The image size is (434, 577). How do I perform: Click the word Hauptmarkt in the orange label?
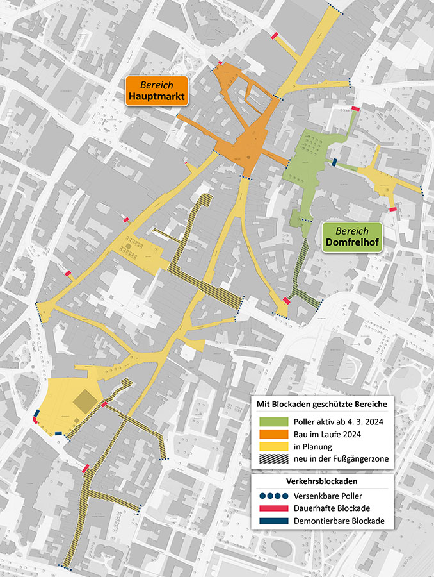click(x=156, y=97)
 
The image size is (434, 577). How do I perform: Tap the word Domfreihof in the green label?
click(x=351, y=243)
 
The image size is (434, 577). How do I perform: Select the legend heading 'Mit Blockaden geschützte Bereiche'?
click(x=321, y=404)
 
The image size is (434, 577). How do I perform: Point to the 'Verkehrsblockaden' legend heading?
click(x=321, y=480)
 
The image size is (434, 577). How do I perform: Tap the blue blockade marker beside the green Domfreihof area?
click(x=334, y=162)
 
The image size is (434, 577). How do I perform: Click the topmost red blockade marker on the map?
click(x=275, y=36)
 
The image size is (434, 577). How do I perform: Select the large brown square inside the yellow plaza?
click(x=84, y=402)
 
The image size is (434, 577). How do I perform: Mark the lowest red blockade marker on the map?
click(x=85, y=469)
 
